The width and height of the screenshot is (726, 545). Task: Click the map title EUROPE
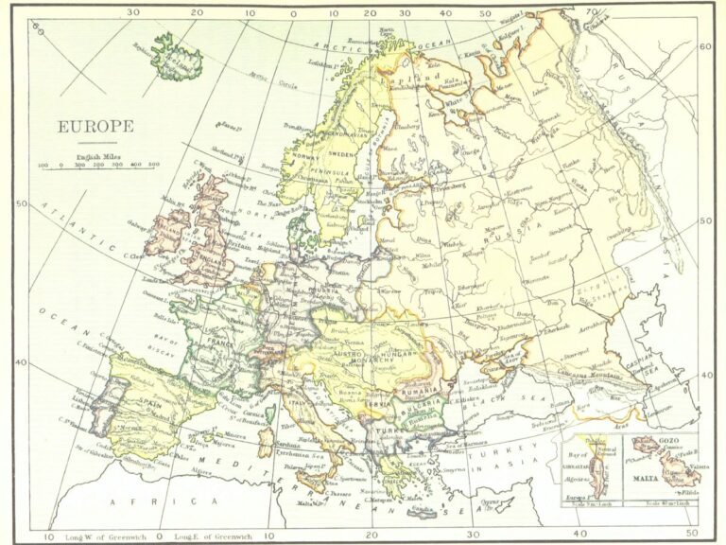(x=95, y=126)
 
